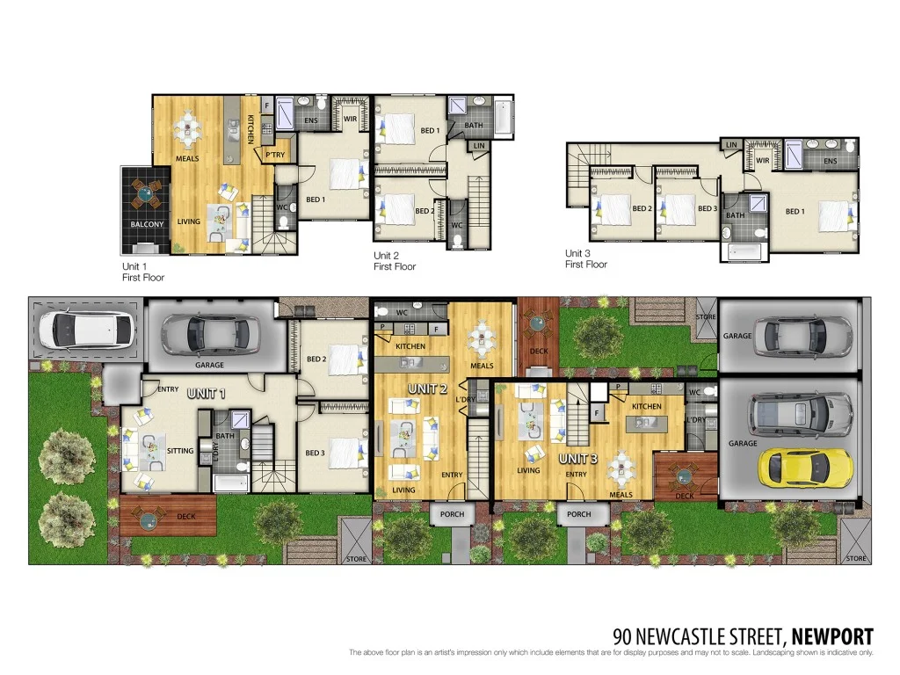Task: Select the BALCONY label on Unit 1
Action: (147, 224)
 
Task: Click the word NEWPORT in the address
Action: (832, 636)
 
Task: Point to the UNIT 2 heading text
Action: (429, 388)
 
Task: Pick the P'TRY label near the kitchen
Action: (275, 155)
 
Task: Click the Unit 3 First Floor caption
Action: (586, 258)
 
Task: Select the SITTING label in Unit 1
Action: (180, 451)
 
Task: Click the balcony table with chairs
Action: (147, 192)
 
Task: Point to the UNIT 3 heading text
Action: (578, 458)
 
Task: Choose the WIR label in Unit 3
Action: (762, 162)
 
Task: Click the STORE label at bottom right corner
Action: (855, 558)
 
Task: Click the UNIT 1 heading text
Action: (207, 394)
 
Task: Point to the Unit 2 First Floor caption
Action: (395, 261)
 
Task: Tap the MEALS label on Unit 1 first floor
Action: (186, 159)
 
